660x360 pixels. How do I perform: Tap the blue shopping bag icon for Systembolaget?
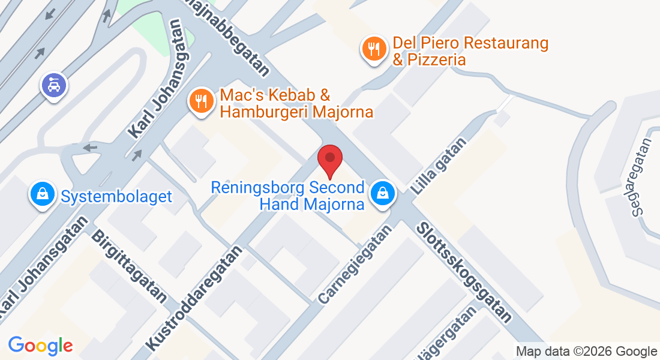point(43,194)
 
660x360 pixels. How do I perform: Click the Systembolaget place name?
point(116,196)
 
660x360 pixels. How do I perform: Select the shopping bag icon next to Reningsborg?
point(382,194)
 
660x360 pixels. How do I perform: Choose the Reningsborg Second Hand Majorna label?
point(288,196)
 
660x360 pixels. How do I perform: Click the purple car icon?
point(54,85)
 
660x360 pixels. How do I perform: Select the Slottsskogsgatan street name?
point(464,272)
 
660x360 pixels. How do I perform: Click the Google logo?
point(40,346)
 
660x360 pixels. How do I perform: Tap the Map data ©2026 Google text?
point(586,352)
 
